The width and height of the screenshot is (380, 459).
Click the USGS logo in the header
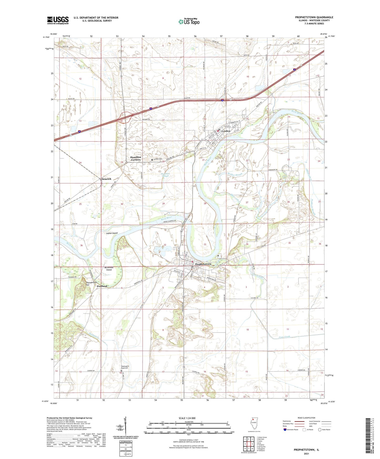click(x=58, y=20)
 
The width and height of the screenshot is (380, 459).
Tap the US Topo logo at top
click(x=189, y=22)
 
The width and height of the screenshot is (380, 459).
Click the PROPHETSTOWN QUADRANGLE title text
click(x=314, y=17)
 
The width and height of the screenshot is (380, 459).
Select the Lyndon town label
click(x=226, y=131)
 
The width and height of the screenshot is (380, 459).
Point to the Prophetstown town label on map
click(x=203, y=264)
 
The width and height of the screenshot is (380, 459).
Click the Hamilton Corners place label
click(x=136, y=159)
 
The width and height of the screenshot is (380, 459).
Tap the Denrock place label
click(x=107, y=179)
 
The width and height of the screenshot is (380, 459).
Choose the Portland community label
click(x=102, y=286)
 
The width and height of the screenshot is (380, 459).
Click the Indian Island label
click(x=112, y=233)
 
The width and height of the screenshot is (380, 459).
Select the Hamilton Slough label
click(x=165, y=175)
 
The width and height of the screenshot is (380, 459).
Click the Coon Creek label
click(x=284, y=337)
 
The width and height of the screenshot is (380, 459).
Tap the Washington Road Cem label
click(x=125, y=368)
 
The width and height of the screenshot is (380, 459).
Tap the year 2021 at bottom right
click(x=306, y=453)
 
